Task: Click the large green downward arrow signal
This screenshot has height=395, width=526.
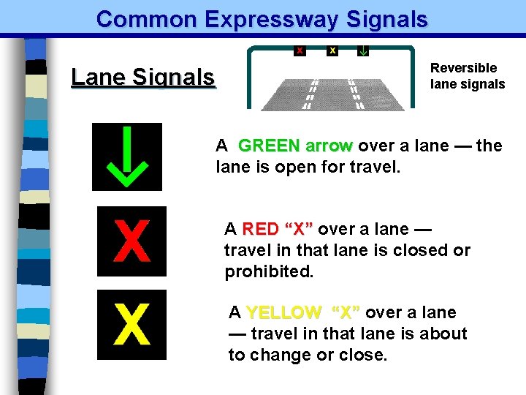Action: [126, 157]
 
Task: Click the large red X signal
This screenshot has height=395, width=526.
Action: [132, 241]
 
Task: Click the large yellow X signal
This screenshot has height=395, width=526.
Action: [132, 325]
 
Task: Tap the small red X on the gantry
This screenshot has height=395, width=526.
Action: [300, 50]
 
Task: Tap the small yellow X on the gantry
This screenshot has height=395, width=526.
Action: [332, 50]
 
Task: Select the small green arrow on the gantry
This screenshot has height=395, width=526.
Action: [363, 50]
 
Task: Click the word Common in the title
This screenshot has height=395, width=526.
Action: [145, 19]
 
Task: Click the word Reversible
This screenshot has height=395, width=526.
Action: [463, 68]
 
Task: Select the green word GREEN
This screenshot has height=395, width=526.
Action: [269, 146]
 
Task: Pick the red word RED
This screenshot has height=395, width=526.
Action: [260, 229]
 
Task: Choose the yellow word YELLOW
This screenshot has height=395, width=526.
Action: [283, 313]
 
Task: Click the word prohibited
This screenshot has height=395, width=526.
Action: [269, 272]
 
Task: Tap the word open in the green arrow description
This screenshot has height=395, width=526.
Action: [298, 167]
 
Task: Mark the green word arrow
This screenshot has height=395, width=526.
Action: [329, 146]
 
